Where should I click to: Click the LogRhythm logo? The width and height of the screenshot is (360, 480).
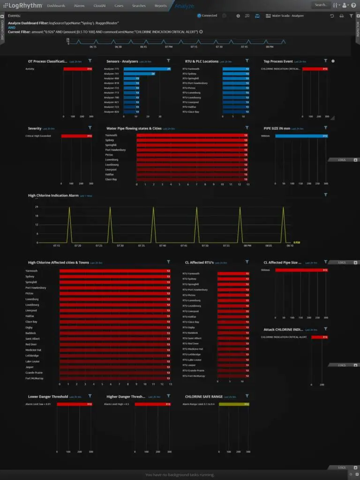click(23, 6)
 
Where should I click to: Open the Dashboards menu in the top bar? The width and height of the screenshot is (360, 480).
click(56, 6)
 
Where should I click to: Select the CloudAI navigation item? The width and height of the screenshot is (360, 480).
click(99, 6)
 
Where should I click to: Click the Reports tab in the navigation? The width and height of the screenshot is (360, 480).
click(160, 6)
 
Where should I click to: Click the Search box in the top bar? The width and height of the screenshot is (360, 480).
click(321, 5)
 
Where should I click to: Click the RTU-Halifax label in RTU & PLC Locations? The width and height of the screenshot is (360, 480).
click(191, 107)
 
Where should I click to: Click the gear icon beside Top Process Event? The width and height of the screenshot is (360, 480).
click(333, 61)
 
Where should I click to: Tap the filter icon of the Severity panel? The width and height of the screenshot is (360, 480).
click(90, 127)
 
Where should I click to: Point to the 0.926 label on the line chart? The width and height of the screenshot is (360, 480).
click(296, 242)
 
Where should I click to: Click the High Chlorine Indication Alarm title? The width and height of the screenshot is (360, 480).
click(53, 195)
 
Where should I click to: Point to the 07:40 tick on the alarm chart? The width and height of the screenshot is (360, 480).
click(163, 246)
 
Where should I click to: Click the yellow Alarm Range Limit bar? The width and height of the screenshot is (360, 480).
click(234, 404)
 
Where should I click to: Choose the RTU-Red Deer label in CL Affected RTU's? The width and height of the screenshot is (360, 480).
click(191, 344)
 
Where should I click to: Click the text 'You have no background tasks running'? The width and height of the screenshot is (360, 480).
click(180, 475)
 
